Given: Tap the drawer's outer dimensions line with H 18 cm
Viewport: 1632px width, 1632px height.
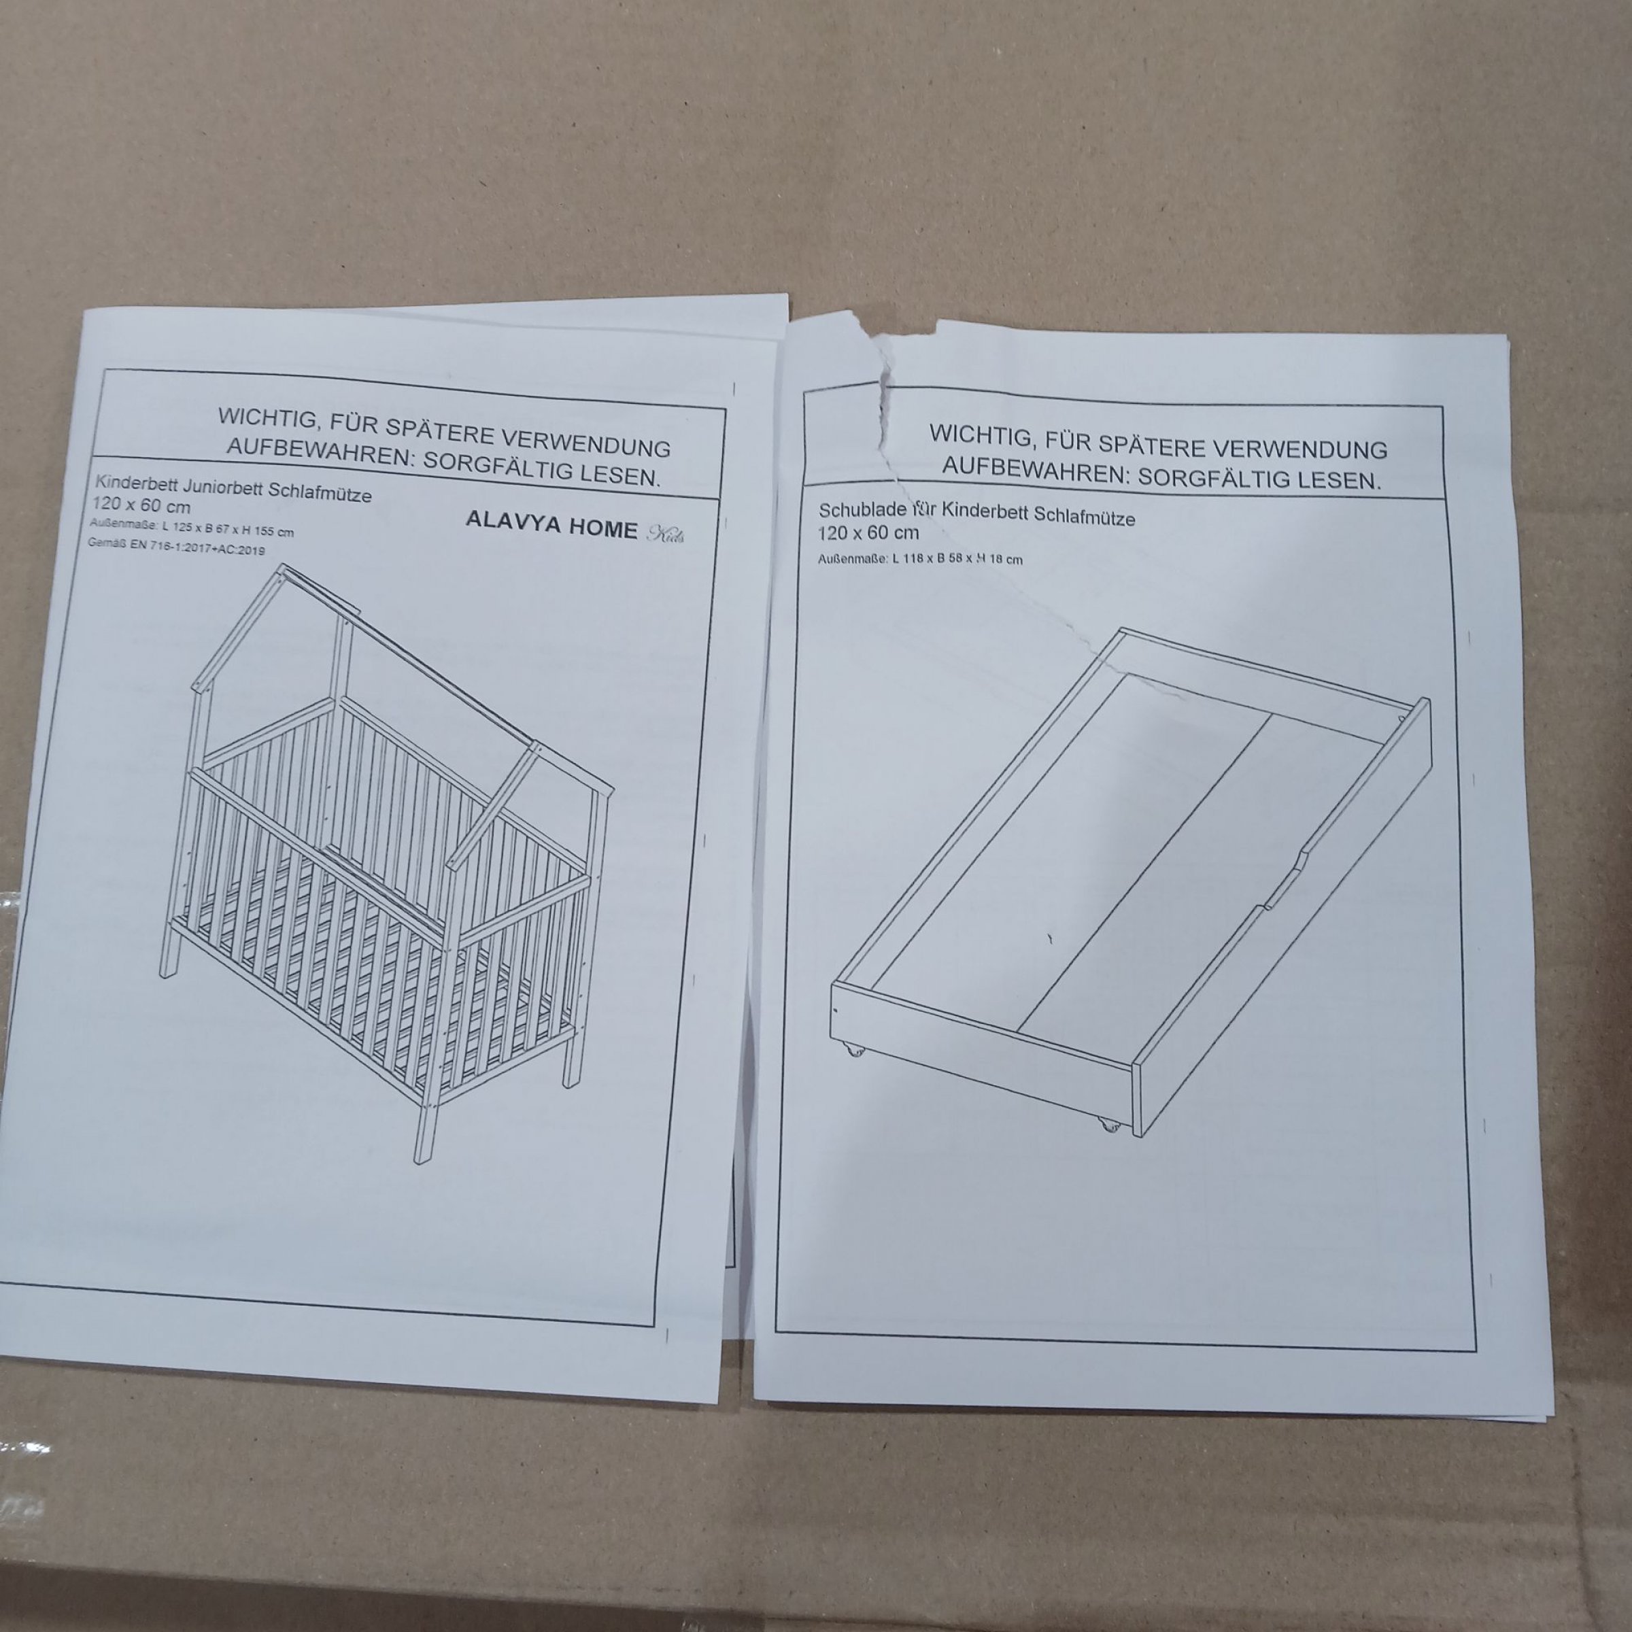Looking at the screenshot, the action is [x=920, y=558].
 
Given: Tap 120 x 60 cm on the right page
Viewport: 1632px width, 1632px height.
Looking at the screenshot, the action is [x=868, y=532].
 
